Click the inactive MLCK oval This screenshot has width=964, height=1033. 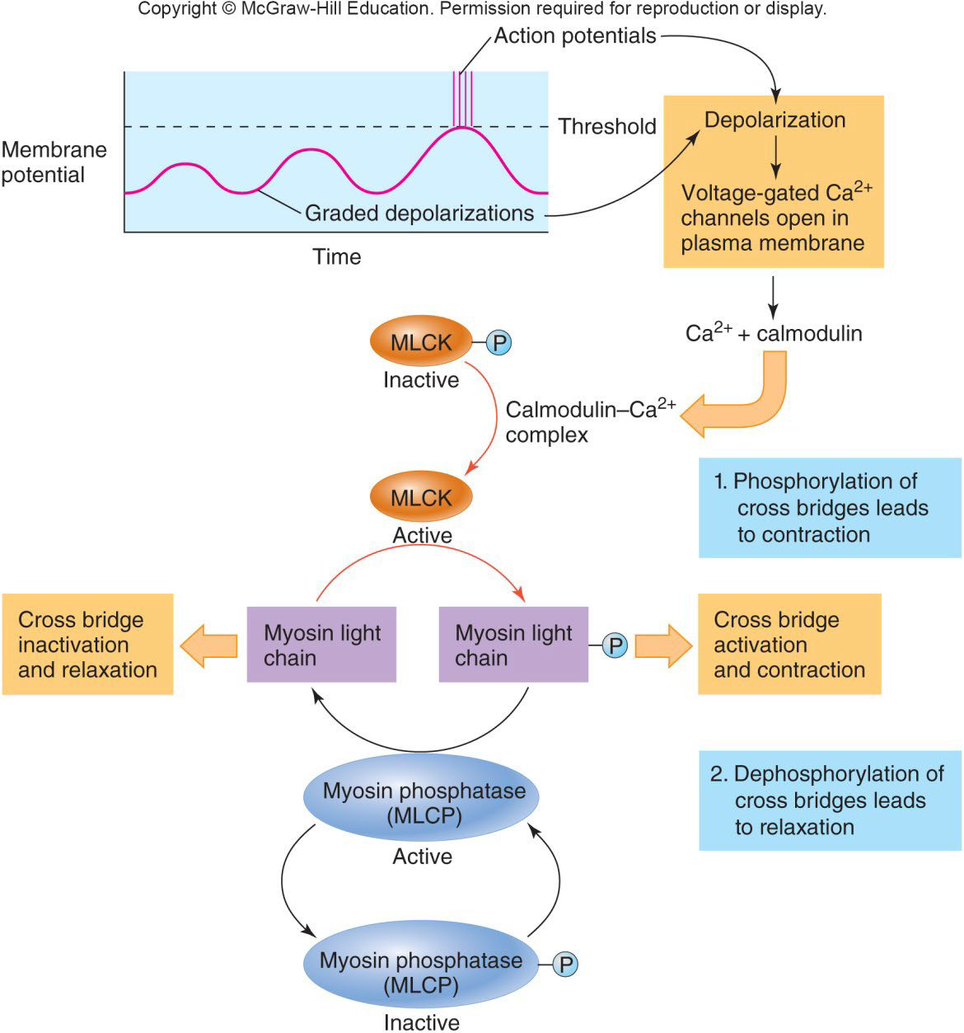(421, 341)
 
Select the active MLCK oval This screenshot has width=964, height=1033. (421, 497)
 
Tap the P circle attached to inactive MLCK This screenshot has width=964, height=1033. (498, 342)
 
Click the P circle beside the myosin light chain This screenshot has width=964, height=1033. (615, 645)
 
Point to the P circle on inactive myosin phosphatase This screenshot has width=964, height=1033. (564, 964)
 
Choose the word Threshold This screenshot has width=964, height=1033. (607, 126)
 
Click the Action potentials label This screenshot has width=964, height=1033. (575, 35)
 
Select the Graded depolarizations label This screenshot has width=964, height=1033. (419, 214)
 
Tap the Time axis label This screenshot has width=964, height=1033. (336, 256)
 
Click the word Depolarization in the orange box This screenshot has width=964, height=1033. (774, 120)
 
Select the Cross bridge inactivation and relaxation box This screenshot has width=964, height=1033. (87, 644)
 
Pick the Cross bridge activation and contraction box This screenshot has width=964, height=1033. (789, 644)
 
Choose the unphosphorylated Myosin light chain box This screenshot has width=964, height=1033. (321, 645)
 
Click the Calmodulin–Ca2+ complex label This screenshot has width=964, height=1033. (589, 422)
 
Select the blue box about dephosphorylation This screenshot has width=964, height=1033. (830, 801)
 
